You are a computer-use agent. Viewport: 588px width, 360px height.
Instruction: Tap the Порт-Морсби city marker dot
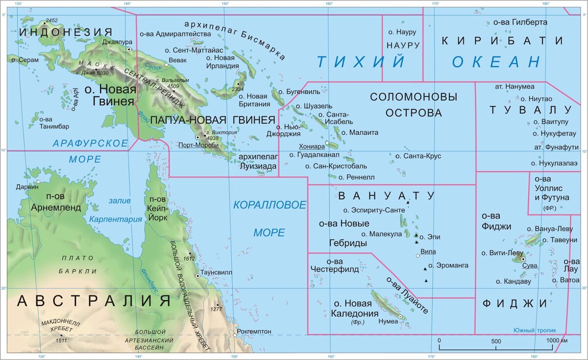point(198,138)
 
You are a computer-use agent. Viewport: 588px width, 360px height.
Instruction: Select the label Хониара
point(312,146)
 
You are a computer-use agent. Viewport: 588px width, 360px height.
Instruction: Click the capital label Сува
point(530,265)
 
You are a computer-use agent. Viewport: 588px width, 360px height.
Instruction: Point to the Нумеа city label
point(388,322)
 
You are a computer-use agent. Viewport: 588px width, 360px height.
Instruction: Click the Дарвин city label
point(26,187)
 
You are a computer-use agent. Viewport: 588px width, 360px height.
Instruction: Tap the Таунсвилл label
point(216,272)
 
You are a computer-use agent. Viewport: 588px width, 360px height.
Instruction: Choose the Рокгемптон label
point(254,332)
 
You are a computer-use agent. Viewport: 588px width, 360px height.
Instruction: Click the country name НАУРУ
point(403,45)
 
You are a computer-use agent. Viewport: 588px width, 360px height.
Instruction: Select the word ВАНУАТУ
point(386,196)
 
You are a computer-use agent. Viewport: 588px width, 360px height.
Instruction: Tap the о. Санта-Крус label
point(418,156)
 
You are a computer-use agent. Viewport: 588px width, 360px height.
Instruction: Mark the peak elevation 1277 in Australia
point(216,309)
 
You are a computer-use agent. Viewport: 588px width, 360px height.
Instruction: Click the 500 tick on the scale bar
point(496,341)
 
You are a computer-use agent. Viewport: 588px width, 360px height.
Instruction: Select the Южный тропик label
point(533,330)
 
